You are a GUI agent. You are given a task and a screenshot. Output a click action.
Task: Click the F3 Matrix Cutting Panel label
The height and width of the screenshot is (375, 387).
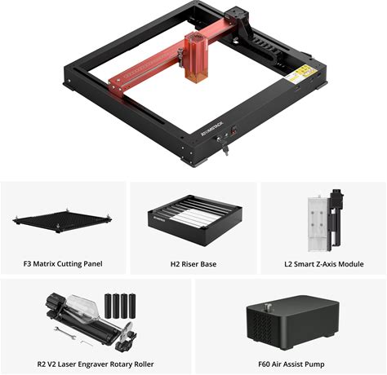(x=63, y=264)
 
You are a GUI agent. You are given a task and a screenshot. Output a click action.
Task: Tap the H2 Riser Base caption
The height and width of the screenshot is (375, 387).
(x=193, y=264)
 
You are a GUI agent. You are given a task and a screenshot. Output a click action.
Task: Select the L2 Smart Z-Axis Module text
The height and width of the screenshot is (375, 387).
(x=324, y=264)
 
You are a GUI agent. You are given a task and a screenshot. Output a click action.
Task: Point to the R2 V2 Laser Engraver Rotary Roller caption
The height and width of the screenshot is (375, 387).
(x=96, y=364)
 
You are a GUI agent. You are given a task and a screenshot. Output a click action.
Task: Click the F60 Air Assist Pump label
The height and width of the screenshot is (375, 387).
(x=291, y=364)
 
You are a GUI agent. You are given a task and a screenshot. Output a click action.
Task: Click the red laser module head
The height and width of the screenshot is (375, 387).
(x=195, y=55)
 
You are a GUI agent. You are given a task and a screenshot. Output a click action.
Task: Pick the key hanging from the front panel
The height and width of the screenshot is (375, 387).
(x=225, y=149)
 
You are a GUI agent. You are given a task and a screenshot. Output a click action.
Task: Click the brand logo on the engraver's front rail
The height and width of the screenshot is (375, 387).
(x=211, y=128)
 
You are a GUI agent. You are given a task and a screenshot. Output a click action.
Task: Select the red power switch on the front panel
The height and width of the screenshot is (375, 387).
(x=234, y=130)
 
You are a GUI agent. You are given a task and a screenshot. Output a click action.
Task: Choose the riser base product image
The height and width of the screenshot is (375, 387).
(x=195, y=220)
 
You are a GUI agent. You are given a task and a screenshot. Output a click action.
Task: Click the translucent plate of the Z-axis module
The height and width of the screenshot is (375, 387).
(x=318, y=224)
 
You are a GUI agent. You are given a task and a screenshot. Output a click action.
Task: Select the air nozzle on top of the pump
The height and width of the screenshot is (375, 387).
(x=267, y=308)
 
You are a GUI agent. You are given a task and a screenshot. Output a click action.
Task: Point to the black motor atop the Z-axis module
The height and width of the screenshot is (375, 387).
(x=336, y=197)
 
